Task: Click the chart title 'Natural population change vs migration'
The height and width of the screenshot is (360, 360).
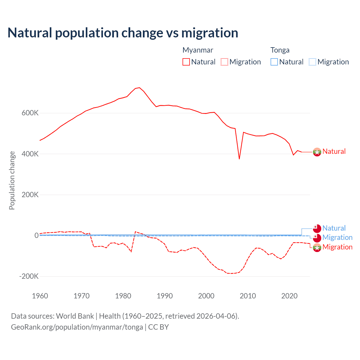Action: click(123, 33)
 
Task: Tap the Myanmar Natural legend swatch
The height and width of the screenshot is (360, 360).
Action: click(186, 62)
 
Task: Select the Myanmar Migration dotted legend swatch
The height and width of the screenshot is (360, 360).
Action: click(224, 62)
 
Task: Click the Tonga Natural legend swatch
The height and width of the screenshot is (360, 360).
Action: click(274, 62)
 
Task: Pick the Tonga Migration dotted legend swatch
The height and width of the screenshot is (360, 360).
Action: click(312, 62)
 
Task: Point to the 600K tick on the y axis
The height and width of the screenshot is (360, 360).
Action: click(30, 113)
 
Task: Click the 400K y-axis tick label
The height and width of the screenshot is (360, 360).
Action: click(30, 154)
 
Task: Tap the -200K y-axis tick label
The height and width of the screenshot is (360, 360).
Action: click(29, 276)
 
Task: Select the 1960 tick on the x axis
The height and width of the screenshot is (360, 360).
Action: click(40, 296)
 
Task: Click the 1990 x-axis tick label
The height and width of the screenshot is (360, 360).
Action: click(165, 296)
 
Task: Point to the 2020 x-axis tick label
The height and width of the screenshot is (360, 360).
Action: click(289, 296)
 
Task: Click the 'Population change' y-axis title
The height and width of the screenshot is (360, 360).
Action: click(12, 180)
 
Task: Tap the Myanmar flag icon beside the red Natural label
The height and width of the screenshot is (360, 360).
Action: click(317, 152)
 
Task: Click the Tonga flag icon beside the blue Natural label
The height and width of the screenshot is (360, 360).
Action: click(317, 228)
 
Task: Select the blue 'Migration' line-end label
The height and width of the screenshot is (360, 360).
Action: click(337, 238)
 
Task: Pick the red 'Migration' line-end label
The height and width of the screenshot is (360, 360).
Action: click(337, 247)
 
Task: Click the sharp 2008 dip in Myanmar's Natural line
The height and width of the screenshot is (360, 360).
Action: click(239, 159)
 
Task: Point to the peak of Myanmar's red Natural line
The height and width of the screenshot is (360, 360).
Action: click(139, 88)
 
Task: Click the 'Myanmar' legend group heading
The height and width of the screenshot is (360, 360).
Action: click(198, 50)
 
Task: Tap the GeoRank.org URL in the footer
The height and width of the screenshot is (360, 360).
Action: click(77, 327)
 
